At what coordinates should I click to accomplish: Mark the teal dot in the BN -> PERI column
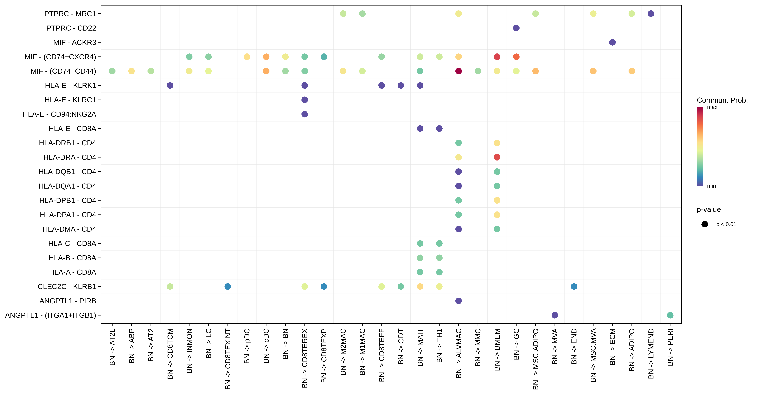[x=670, y=315]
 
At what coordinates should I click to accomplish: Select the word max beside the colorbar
[x=712, y=107]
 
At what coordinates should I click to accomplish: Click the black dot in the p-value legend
[x=704, y=224]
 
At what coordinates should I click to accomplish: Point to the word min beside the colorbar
[x=711, y=186]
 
